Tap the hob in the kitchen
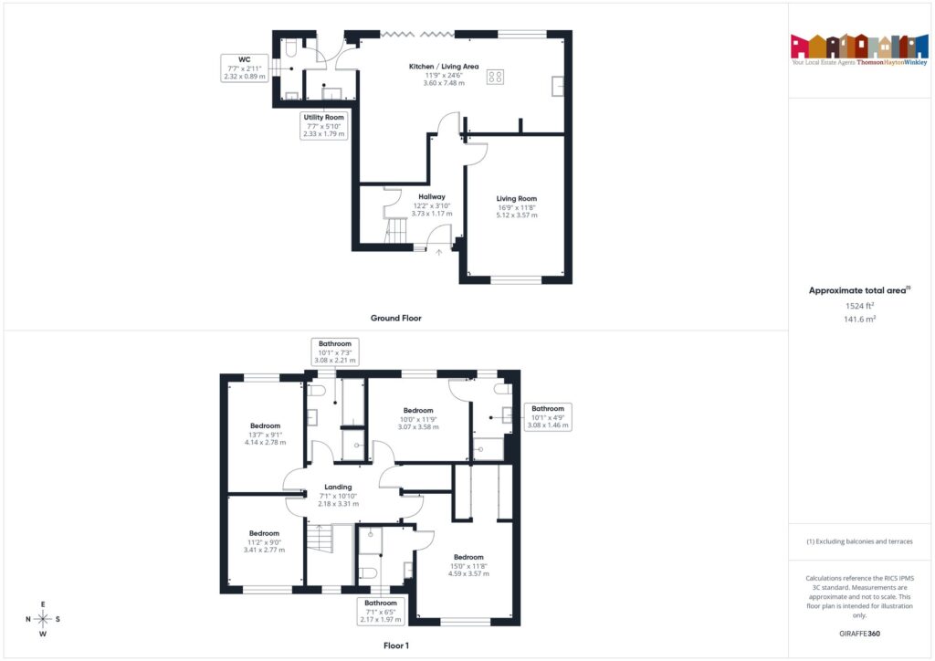[x=497, y=78]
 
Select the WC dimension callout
[x=245, y=68]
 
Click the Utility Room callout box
[x=323, y=126]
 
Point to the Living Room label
[x=517, y=206]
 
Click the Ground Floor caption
[x=395, y=319]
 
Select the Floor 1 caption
[x=399, y=645]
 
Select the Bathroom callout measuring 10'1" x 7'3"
[x=333, y=351]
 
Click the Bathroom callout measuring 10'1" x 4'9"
[x=548, y=416]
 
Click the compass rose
[x=43, y=619]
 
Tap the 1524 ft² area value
[x=860, y=307]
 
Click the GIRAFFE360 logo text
[x=860, y=633]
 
